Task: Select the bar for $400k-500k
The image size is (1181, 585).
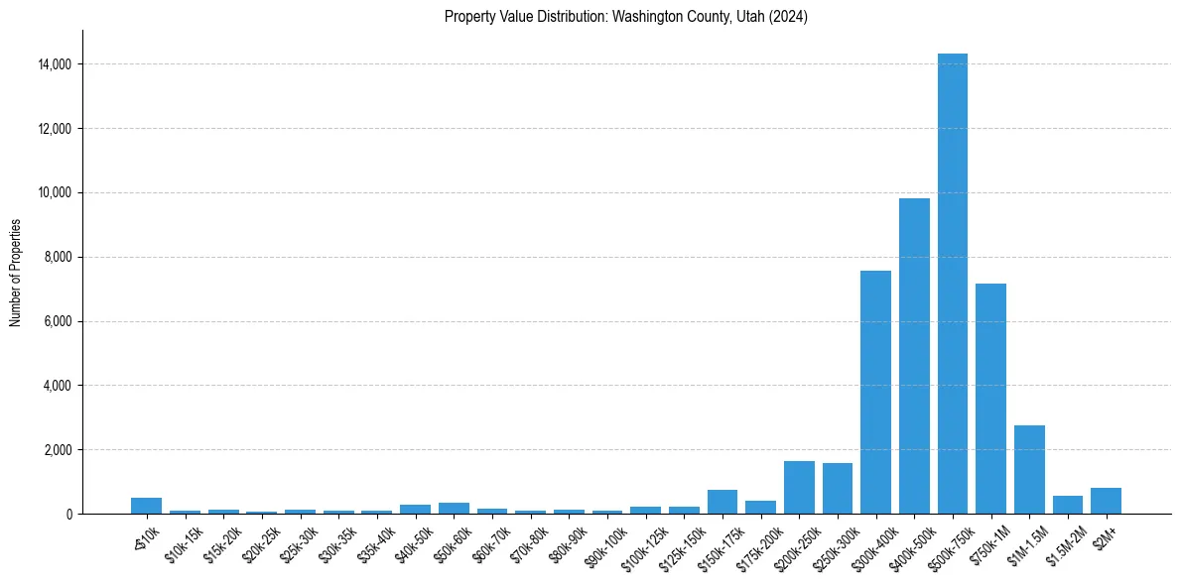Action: [x=914, y=356]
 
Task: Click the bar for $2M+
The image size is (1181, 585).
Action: [x=1106, y=501]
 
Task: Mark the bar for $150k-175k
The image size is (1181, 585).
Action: [x=722, y=502]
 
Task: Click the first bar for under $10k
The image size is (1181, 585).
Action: [x=146, y=506]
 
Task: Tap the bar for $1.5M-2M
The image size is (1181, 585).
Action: [x=1068, y=505]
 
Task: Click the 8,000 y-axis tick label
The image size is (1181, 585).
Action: [x=59, y=257]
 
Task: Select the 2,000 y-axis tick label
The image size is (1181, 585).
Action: [x=59, y=450]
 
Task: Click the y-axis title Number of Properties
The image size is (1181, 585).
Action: [x=15, y=273]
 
